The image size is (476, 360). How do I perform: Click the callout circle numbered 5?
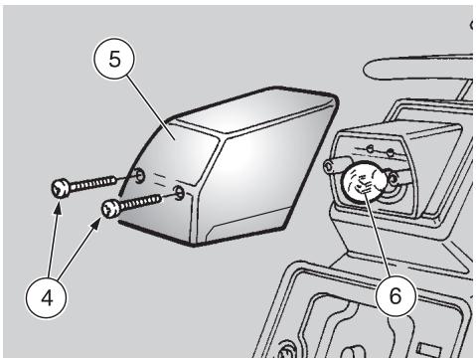(114, 60)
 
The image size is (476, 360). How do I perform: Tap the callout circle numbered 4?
(47, 297)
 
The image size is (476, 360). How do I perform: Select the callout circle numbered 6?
(396, 295)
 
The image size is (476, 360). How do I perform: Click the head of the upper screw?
(61, 189)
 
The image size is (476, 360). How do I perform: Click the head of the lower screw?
(111, 209)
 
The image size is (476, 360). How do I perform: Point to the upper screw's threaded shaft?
(93, 183)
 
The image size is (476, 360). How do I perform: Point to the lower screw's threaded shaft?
(141, 203)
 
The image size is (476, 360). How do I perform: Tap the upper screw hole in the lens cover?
(140, 175)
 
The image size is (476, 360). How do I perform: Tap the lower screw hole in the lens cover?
(179, 193)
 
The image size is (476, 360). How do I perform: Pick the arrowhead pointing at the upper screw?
(58, 207)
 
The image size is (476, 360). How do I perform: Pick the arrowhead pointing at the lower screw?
(96, 225)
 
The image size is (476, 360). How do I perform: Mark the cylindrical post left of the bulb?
(334, 166)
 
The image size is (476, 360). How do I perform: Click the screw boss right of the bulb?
(394, 179)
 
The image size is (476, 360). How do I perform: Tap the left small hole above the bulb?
(370, 149)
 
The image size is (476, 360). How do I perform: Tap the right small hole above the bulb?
(391, 153)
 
